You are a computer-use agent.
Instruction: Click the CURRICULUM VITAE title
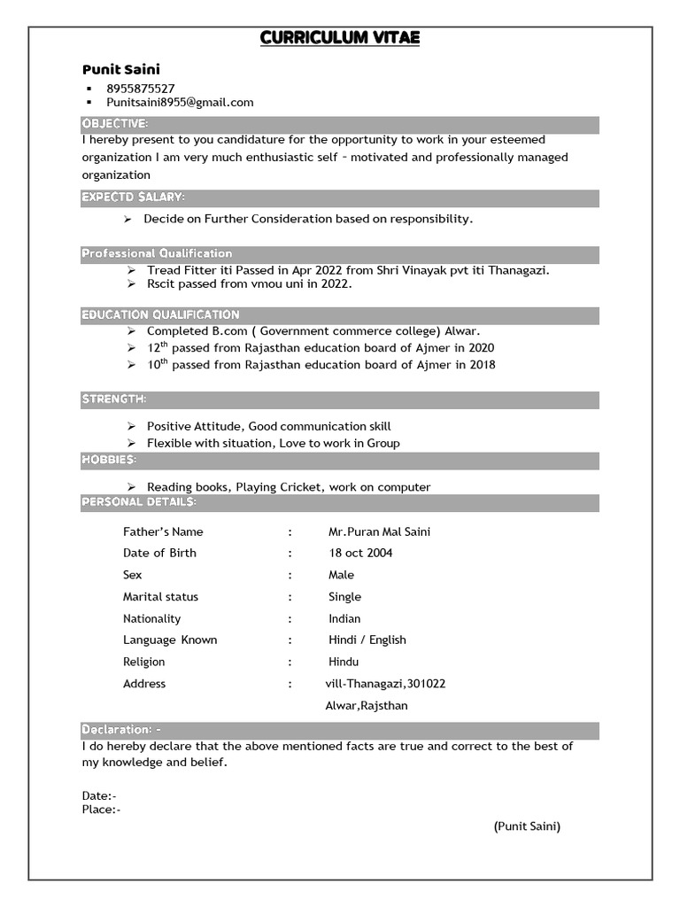(340, 38)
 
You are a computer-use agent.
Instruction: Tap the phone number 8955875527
(140, 88)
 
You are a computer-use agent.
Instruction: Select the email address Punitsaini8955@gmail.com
(180, 102)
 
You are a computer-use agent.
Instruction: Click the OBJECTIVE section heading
(115, 122)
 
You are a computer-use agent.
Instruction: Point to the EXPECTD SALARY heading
(133, 197)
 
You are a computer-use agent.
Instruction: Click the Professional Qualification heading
(157, 253)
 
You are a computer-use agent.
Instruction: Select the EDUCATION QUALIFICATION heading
(160, 314)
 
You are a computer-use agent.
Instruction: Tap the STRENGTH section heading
(114, 399)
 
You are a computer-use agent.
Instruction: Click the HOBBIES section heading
(109, 460)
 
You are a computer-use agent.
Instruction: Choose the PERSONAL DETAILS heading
(139, 502)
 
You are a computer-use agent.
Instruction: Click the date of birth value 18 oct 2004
(360, 553)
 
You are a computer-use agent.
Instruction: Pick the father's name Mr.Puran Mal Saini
(379, 531)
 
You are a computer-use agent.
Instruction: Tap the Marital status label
(160, 597)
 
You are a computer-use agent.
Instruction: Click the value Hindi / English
(367, 640)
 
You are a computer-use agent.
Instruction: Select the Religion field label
(143, 662)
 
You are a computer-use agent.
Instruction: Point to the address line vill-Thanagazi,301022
(386, 684)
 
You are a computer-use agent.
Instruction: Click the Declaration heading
(121, 730)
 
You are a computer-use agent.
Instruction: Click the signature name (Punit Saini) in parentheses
(527, 826)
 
